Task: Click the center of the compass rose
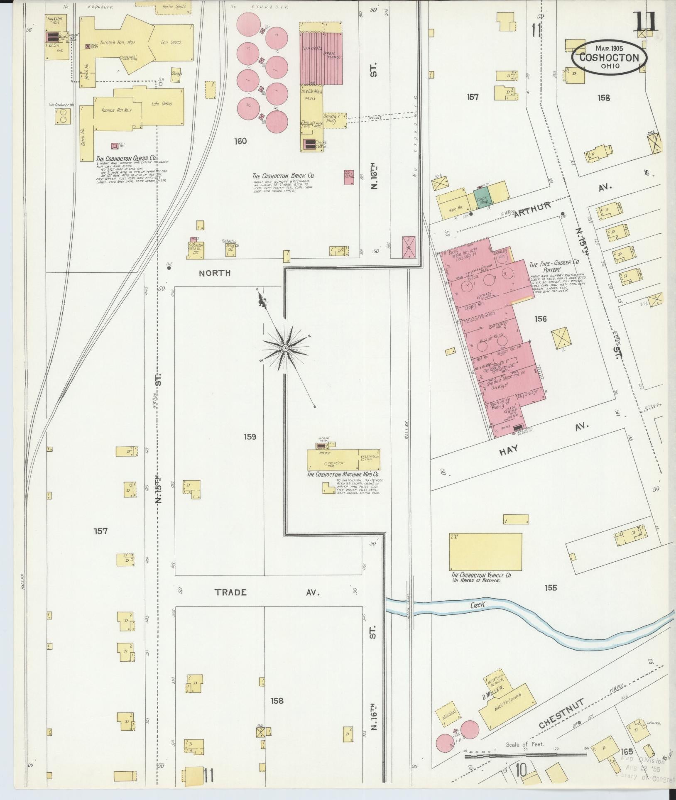[x=286, y=347]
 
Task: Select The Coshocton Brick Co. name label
[x=283, y=176]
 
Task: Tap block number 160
[x=240, y=141]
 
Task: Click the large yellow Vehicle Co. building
[x=485, y=552]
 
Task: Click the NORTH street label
[x=214, y=273]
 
